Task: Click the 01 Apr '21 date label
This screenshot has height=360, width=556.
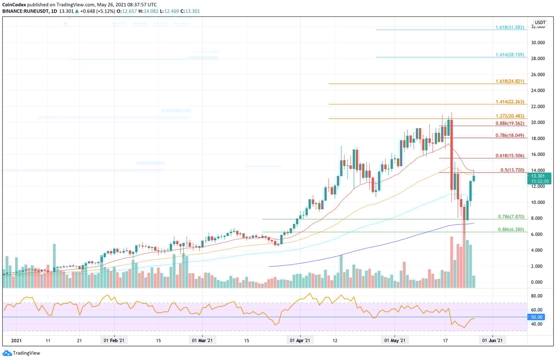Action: (299, 341)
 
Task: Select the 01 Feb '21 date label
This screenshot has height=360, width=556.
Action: (113, 341)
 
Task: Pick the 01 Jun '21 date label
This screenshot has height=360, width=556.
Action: (493, 341)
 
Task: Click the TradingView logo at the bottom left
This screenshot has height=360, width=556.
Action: (22, 353)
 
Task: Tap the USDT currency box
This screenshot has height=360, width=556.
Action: (541, 22)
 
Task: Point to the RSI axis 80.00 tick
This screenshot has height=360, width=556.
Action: (537, 296)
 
